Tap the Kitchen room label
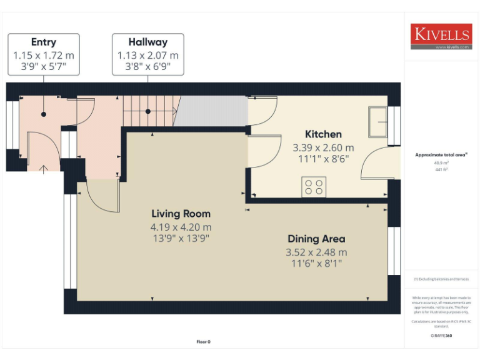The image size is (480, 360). click(x=323, y=134)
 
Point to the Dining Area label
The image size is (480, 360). click(x=316, y=239)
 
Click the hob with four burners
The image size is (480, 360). click(x=314, y=187)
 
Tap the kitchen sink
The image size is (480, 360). click(x=378, y=122)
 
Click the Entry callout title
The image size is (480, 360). click(x=43, y=42)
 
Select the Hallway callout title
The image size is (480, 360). click(x=148, y=42)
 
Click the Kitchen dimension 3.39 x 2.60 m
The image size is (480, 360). click(x=323, y=148)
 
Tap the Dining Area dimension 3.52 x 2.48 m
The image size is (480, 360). click(x=316, y=252)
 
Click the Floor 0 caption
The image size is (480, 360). click(x=204, y=342)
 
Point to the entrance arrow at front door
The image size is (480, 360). click(x=43, y=169)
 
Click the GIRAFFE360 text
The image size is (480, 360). click(x=441, y=336)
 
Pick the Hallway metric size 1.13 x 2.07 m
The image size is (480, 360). click(x=148, y=55)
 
